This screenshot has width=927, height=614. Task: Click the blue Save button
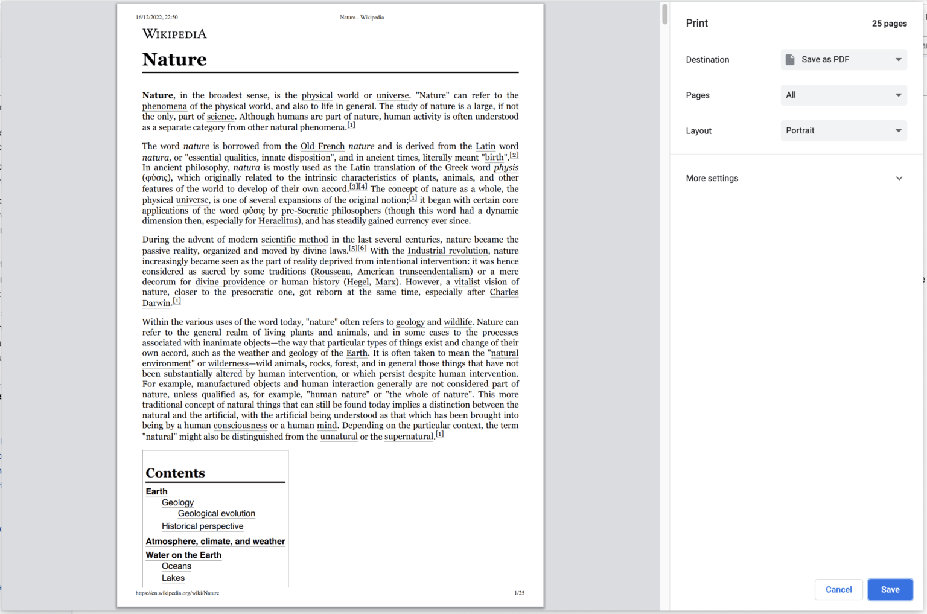pos(890,590)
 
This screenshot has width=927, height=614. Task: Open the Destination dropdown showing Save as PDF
pos(843,60)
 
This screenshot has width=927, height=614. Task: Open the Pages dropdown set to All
pos(843,95)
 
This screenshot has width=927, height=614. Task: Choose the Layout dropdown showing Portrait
pos(843,131)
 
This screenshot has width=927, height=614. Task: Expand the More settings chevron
pos(899,179)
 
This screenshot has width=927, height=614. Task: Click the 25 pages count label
pos(889,24)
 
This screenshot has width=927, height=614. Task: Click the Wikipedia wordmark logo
pos(174,34)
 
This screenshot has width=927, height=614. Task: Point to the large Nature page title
pos(174,60)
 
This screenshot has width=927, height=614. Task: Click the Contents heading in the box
pos(175,473)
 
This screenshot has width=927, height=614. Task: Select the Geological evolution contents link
pos(216,514)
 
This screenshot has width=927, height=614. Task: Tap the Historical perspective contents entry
pos(202,526)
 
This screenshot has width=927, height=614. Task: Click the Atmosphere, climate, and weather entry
pos(215,542)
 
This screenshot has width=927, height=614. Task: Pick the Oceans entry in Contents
pos(176,566)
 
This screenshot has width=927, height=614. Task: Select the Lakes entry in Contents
pos(173,578)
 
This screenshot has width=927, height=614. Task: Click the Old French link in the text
pos(322,146)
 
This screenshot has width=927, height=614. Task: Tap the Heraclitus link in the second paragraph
pos(278,221)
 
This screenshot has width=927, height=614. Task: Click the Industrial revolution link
pos(447,251)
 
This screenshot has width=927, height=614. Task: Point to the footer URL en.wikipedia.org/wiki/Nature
pos(177,593)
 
